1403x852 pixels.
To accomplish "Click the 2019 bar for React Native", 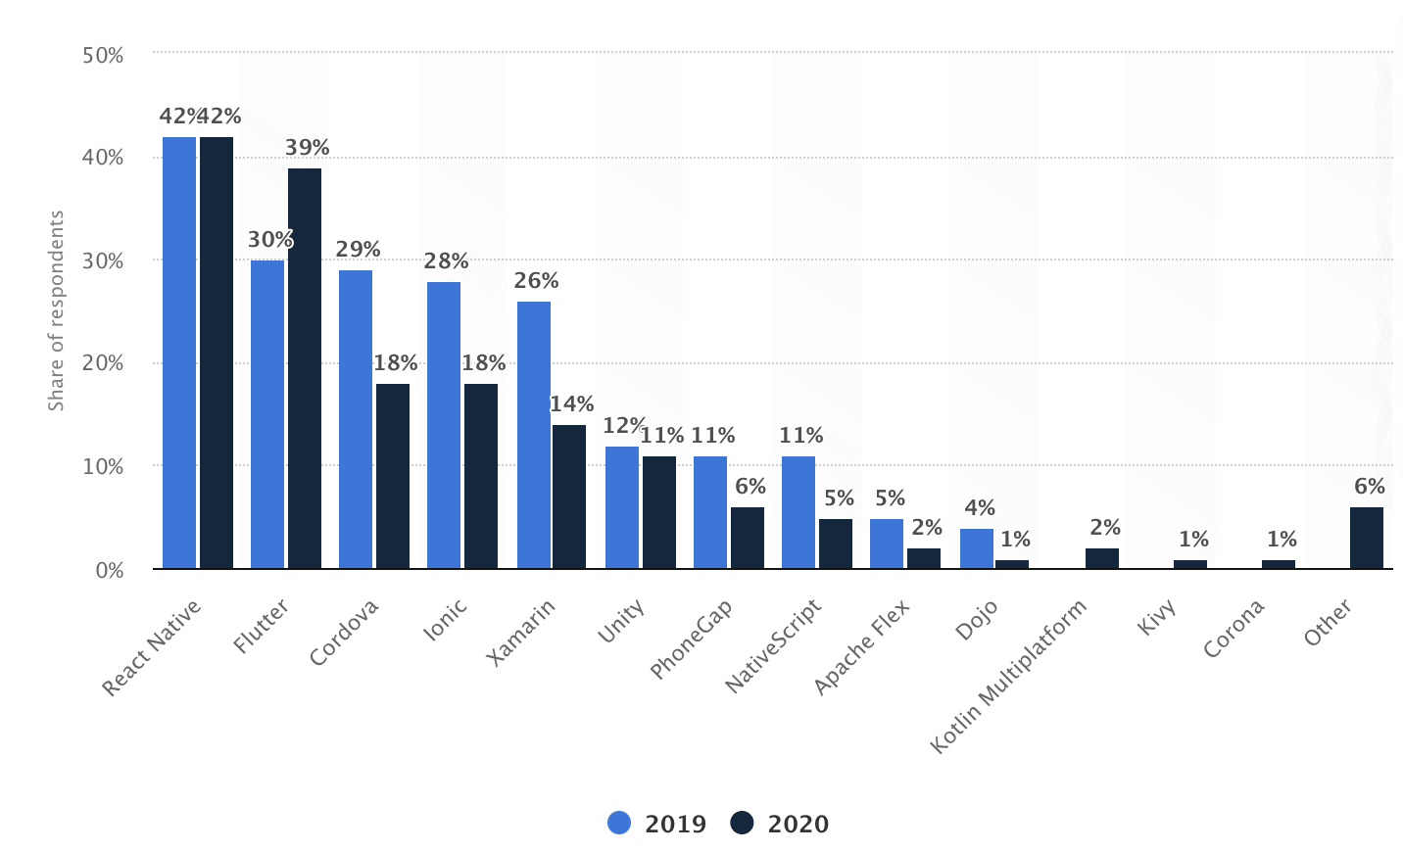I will [x=179, y=353].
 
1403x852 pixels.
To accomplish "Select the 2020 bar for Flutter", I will [x=305, y=368].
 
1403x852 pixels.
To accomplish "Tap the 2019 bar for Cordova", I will [x=356, y=419].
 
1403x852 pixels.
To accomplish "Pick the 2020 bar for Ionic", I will [x=481, y=476].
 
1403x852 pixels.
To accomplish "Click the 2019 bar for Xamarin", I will [x=534, y=435].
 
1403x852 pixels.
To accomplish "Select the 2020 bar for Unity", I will [x=659, y=512].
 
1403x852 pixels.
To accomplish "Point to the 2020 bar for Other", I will [x=1367, y=538].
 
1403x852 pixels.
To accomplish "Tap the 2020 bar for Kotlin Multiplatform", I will [x=1102, y=558].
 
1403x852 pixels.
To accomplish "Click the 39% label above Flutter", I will [x=308, y=148].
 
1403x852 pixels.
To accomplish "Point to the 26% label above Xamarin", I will [x=537, y=281].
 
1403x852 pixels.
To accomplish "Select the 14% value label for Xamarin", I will [x=572, y=404].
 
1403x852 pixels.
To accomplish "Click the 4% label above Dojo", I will [x=980, y=508].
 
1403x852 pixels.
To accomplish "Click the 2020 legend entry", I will [x=781, y=824].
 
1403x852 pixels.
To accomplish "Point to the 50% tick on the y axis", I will [x=103, y=56].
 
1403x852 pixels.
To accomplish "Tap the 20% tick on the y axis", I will [x=103, y=364].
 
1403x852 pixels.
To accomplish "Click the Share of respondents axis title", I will [x=57, y=310].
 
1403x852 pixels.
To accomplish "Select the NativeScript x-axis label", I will [x=774, y=646].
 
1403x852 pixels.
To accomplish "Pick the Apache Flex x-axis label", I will [x=862, y=647].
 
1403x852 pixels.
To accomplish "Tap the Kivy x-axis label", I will [x=1157, y=618].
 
